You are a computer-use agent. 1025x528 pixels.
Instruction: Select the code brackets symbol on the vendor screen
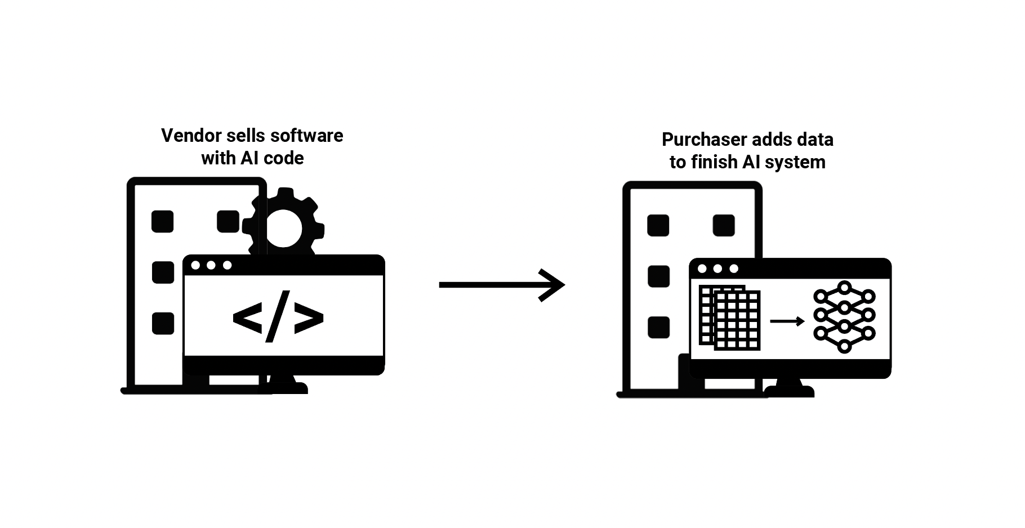[278, 316]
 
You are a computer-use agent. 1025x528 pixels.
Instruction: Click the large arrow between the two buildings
[501, 285]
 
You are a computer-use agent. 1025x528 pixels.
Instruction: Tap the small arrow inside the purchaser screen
[787, 321]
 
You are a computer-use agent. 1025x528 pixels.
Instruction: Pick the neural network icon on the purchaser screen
[844, 317]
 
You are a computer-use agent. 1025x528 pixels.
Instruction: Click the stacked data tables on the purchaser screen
[730, 318]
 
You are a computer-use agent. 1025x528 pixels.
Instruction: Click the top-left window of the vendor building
[163, 221]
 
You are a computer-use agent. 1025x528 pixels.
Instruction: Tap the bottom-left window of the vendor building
[163, 324]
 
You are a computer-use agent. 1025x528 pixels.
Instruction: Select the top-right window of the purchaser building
[724, 225]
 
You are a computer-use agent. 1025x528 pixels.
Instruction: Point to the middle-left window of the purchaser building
[658, 276]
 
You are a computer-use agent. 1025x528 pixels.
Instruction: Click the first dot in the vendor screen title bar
[195, 265]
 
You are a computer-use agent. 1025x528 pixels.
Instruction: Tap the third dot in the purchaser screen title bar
[734, 269]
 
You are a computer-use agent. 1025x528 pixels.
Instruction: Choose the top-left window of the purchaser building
[658, 225]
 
